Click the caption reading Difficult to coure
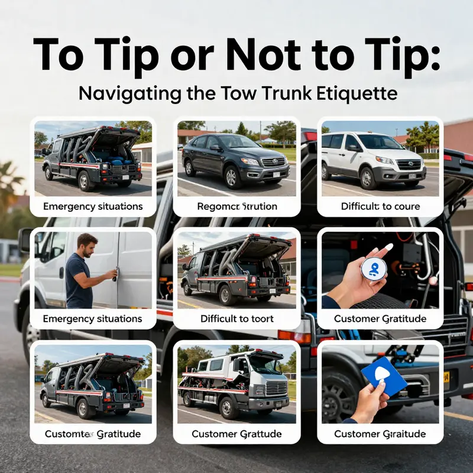click(x=380, y=206)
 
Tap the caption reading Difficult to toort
click(x=237, y=319)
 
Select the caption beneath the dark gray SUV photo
click(x=237, y=206)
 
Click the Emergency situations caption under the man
click(x=92, y=319)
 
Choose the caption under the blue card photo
click(x=380, y=433)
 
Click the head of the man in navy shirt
click(x=88, y=244)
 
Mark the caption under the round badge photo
click(x=380, y=319)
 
